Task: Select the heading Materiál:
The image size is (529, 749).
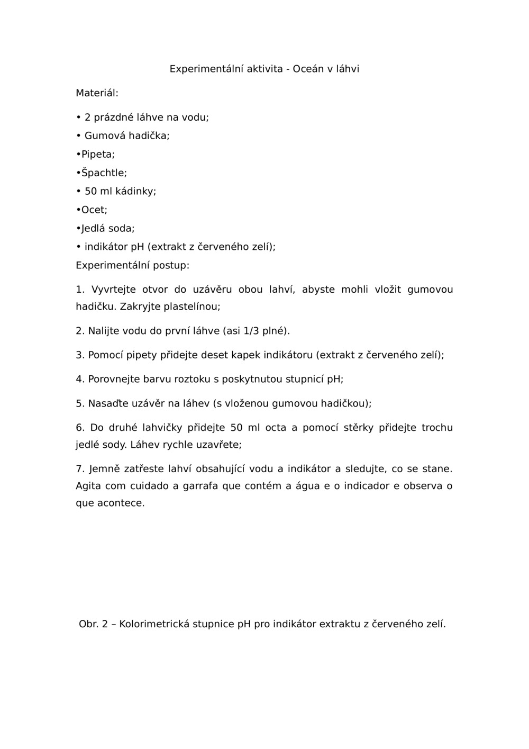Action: [97, 93]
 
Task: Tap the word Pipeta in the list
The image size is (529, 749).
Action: [97, 155]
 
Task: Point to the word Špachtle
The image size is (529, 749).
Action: [104, 173]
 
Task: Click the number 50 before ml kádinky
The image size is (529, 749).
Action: [90, 192]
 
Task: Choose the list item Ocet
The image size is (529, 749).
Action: [94, 210]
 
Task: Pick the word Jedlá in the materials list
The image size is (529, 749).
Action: [93, 229]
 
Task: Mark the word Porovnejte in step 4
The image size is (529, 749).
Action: [114, 380]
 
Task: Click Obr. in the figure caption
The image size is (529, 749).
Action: [88, 624]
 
